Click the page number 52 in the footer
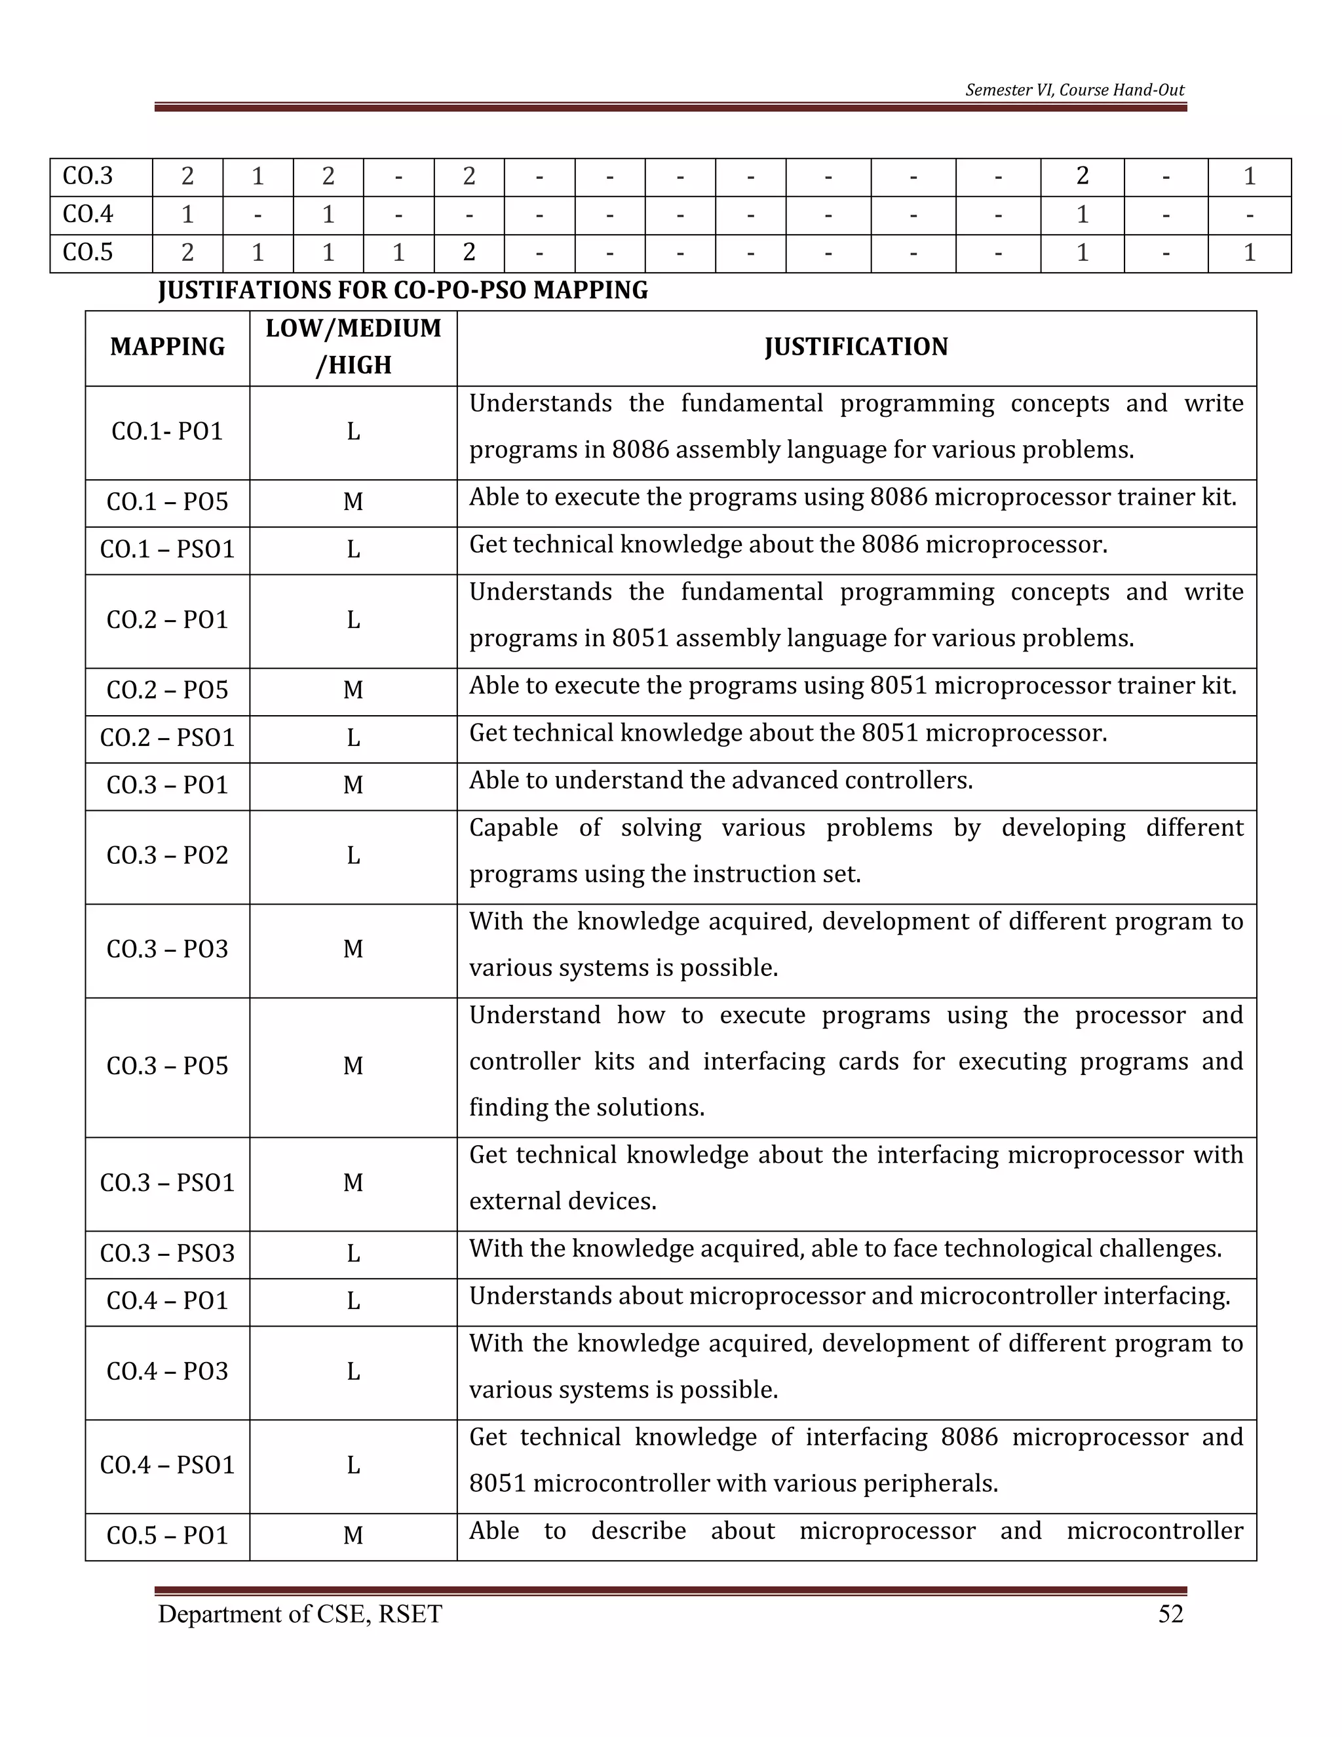pos(1170,1614)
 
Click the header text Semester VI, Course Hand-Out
pos(1074,90)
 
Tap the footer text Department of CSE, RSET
pos(299,1614)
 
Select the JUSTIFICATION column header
pos(856,347)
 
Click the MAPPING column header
pos(167,347)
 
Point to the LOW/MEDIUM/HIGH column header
pos(353,347)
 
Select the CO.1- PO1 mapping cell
pos(167,431)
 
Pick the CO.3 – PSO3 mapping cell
pos(167,1253)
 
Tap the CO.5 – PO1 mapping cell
pos(167,1535)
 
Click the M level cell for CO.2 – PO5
pos(353,690)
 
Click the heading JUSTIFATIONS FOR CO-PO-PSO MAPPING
pos(403,290)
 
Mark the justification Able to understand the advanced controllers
pos(720,780)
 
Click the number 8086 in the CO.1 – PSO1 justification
pos(891,545)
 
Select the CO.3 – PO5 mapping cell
pos(167,1066)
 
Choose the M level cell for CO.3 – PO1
pos(353,785)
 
